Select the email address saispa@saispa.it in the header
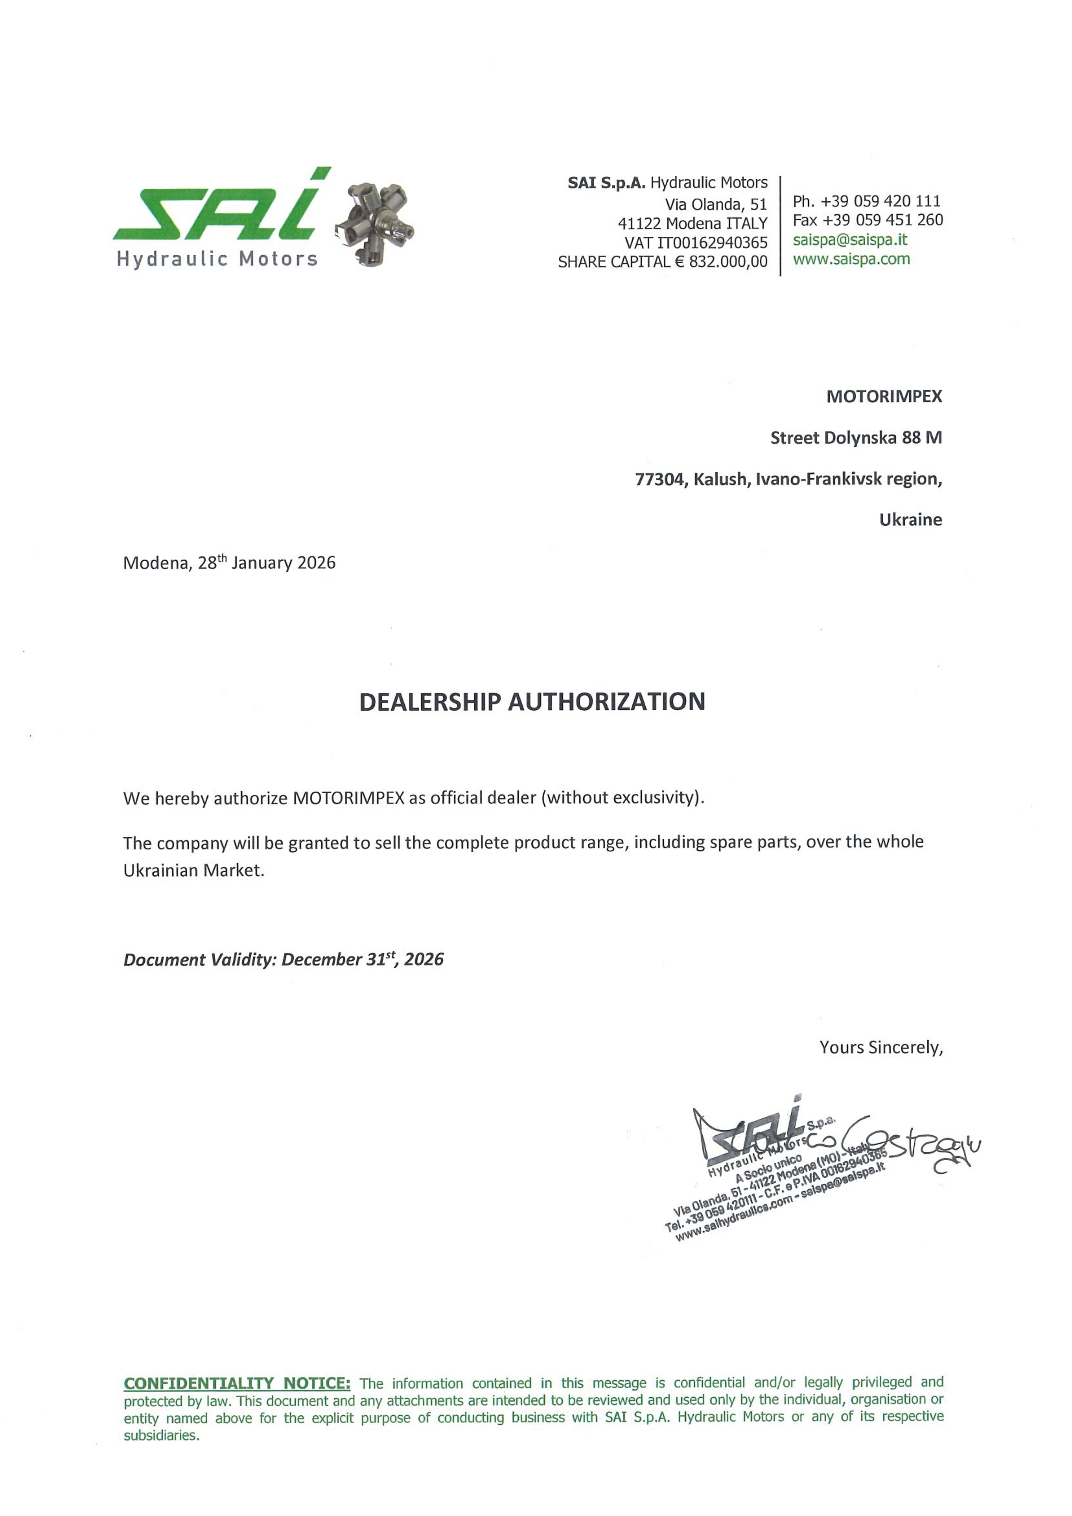850,240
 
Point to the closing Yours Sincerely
881,1047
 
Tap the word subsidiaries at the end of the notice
160,1436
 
